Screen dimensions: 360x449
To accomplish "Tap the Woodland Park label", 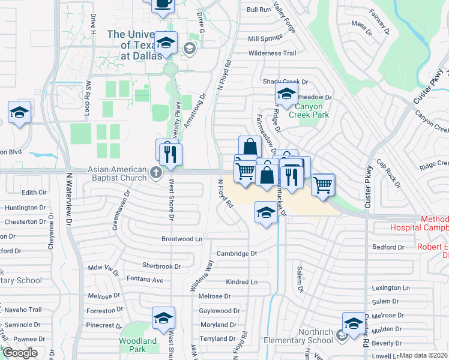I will [x=137, y=345].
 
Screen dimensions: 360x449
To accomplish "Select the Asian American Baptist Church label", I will [x=117, y=173].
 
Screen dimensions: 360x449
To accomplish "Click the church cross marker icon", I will [x=156, y=173].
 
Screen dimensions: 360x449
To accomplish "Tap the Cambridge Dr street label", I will [x=237, y=253].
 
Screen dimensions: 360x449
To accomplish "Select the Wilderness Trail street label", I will [x=272, y=53].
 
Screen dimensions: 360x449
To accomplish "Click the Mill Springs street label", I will [x=265, y=38].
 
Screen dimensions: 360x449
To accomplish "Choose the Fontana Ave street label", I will [x=145, y=280].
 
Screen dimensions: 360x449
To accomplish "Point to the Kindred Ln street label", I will [x=241, y=282].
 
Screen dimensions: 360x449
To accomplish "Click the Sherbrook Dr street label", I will [x=161, y=266].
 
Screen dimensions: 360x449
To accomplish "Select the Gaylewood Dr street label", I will [x=219, y=311].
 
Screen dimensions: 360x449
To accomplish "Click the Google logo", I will [x=20, y=353].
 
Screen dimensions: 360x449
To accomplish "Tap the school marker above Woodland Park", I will [x=163, y=319].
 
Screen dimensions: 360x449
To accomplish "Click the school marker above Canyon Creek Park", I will [x=287, y=94].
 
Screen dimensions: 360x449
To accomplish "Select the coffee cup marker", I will [x=163, y=4].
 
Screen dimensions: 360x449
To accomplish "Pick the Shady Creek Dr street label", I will [x=285, y=82].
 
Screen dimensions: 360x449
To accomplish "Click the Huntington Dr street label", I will [x=25, y=208].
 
